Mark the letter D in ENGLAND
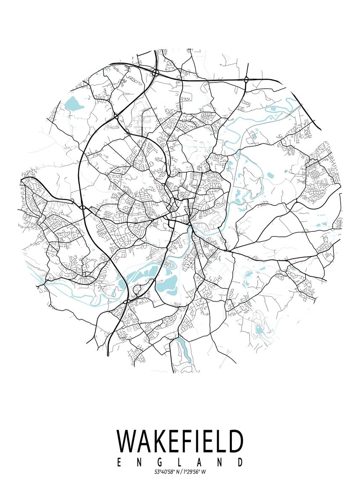(240, 462)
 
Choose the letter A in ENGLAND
(200, 462)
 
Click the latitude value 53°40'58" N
(166, 472)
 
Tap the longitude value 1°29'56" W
(194, 472)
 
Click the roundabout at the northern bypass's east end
(246, 79)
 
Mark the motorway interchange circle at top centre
(155, 73)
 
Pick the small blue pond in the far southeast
(260, 330)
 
